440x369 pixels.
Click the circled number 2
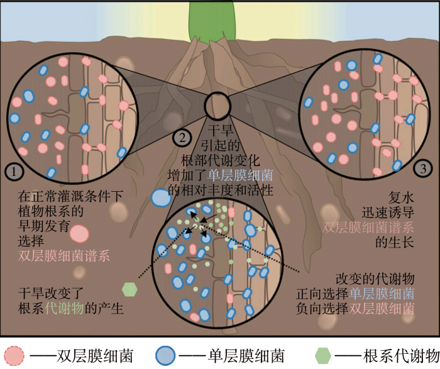pyautogui.click(x=180, y=136)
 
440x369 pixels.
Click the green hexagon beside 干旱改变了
pyautogui.click(x=129, y=289)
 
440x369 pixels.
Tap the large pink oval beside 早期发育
pyautogui.click(x=80, y=234)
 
